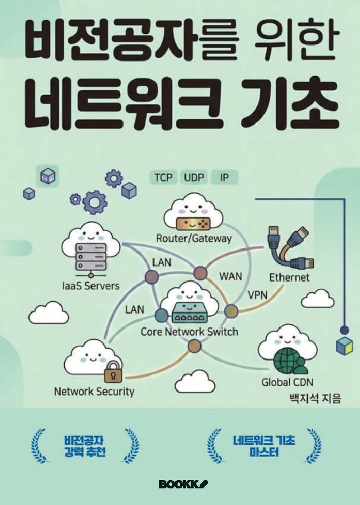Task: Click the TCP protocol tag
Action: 163,178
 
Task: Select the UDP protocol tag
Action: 194,178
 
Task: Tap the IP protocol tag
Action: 225,178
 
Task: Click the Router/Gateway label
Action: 194,238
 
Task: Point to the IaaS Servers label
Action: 91,286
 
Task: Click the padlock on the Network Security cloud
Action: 113,371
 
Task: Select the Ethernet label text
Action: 289,277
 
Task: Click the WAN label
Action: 230,276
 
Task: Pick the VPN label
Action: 257,295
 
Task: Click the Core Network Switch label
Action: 190,332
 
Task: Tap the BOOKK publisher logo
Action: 183,484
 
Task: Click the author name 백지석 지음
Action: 315,399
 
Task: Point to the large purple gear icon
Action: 94,202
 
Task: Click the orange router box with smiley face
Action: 193,223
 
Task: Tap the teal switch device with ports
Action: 189,313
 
